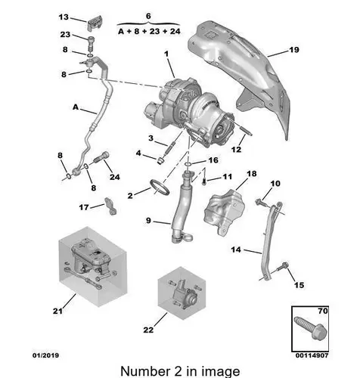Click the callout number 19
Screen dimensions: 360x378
[x=293, y=50]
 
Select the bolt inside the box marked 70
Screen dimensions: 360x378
[x=310, y=327]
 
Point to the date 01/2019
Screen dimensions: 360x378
[x=45, y=355]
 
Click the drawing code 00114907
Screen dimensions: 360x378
[x=312, y=355]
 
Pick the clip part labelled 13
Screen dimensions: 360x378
[x=95, y=23]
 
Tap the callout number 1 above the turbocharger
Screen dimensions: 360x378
[x=166, y=54]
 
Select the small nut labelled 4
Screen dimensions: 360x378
[x=160, y=160]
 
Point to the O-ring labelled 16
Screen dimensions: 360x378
[x=188, y=165]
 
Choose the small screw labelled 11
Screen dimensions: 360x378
[x=204, y=181]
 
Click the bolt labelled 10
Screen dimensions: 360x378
[x=260, y=203]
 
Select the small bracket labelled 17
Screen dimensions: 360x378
[x=110, y=206]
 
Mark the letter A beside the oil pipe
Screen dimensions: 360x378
[x=76, y=107]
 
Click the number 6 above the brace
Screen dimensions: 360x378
[x=148, y=16]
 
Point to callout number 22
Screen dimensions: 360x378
[x=148, y=330]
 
